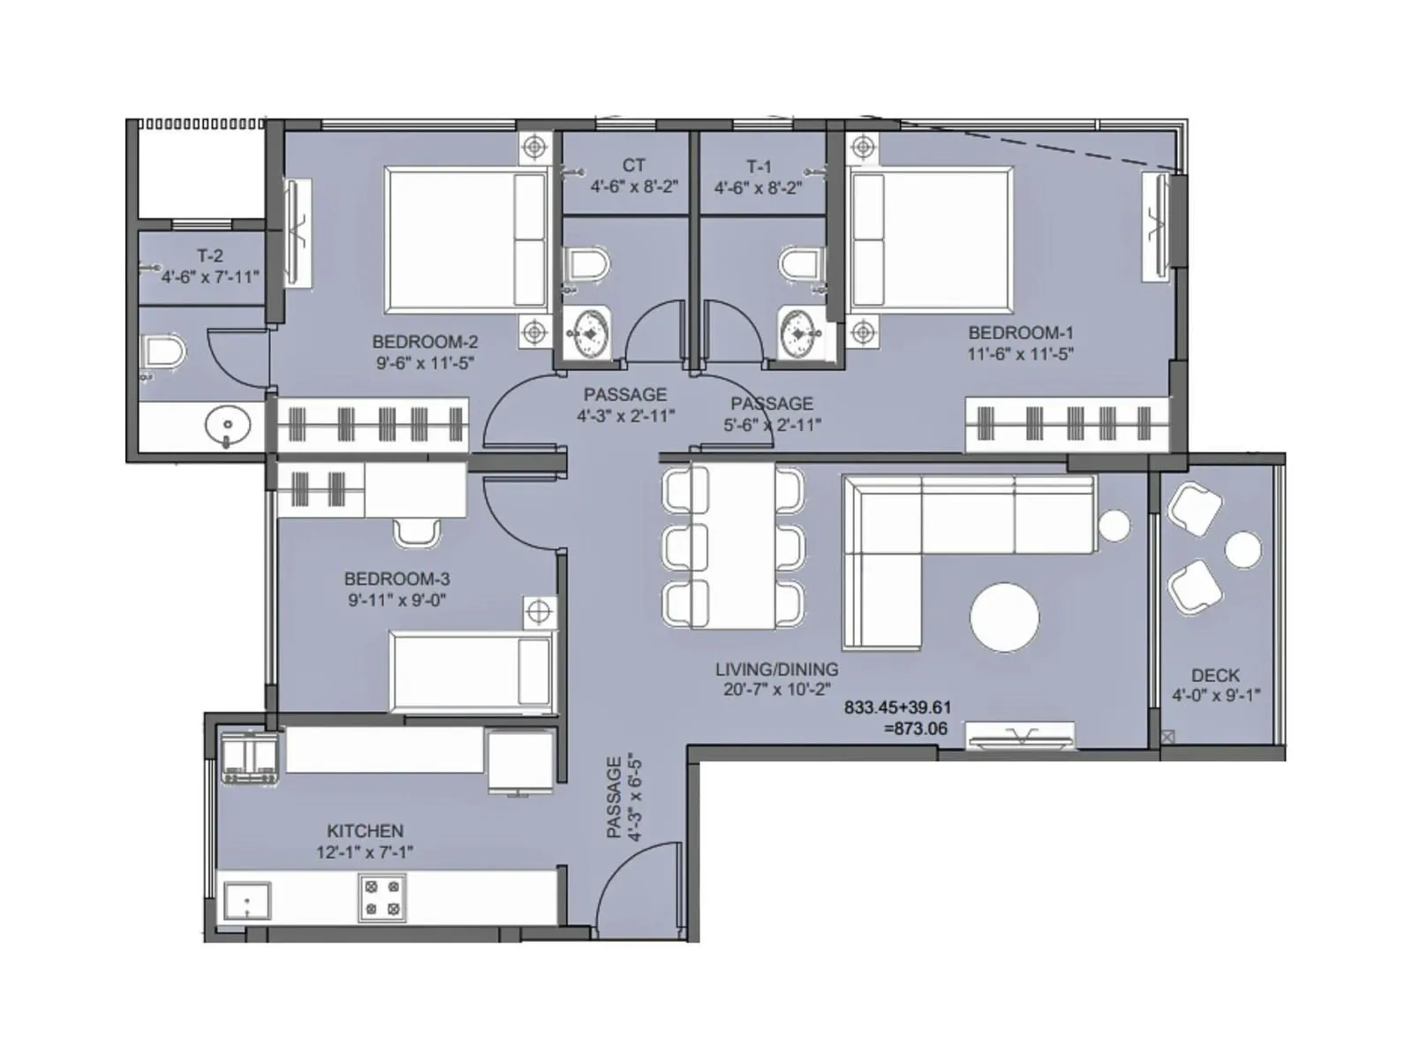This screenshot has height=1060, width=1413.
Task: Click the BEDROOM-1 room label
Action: (x=1020, y=333)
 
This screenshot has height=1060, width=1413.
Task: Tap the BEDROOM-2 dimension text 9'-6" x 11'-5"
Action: (x=425, y=363)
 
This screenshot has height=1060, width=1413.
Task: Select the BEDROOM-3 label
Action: (x=397, y=579)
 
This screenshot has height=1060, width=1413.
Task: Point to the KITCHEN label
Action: (x=365, y=831)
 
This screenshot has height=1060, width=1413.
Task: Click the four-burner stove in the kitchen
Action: (x=382, y=897)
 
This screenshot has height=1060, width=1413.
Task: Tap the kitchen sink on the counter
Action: (x=246, y=902)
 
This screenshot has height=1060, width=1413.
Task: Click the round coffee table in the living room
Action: (x=1004, y=617)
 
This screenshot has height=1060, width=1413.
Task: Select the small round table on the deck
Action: (x=1243, y=549)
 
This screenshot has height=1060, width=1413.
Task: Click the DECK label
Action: (x=1215, y=676)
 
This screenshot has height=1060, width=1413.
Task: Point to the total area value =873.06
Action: (x=915, y=729)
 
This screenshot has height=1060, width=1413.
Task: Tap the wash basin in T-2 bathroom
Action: (x=228, y=427)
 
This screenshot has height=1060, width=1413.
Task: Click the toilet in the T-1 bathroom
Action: (x=802, y=264)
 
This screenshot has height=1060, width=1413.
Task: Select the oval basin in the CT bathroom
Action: (x=586, y=334)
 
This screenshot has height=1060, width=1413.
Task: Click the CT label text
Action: (x=633, y=165)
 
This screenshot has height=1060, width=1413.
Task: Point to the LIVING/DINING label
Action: (x=776, y=670)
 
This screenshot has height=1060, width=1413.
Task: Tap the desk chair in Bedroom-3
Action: (x=416, y=532)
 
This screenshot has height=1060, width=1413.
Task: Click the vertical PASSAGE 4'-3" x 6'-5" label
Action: (x=623, y=798)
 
